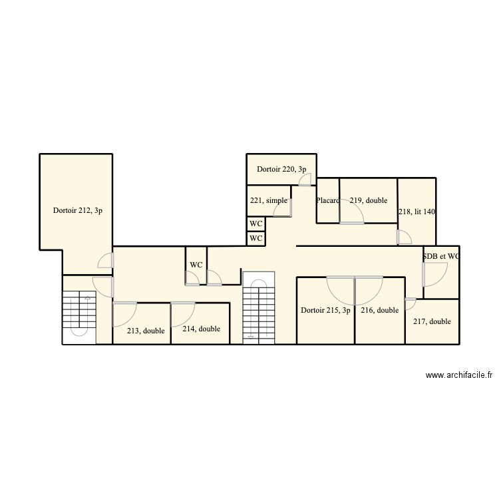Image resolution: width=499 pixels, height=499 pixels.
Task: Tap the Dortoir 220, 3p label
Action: pyautogui.click(x=281, y=169)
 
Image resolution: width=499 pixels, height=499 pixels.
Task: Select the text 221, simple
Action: pyautogui.click(x=269, y=200)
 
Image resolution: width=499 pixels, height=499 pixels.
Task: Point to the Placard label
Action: pyautogui.click(x=328, y=200)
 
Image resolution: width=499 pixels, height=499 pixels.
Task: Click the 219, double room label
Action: pyautogui.click(x=369, y=200)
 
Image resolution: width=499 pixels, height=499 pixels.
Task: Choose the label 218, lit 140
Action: pyautogui.click(x=416, y=212)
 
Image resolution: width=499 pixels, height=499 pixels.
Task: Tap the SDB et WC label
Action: pyautogui.click(x=441, y=256)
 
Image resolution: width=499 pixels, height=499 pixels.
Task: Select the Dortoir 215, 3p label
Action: pyautogui.click(x=325, y=310)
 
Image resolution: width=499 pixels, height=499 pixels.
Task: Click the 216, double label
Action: pyautogui.click(x=379, y=310)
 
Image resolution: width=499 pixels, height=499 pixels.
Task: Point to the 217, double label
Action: pyautogui.click(x=432, y=321)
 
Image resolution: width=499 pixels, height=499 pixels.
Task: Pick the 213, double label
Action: pyautogui.click(x=146, y=331)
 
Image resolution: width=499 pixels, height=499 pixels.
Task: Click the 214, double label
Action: pyautogui.click(x=201, y=329)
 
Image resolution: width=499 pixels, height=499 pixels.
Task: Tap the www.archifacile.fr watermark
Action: pyautogui.click(x=458, y=376)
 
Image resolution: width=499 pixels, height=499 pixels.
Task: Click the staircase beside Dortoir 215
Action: pyautogui.click(x=259, y=309)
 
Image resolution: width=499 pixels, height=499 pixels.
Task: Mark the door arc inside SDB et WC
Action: pyautogui.click(x=436, y=274)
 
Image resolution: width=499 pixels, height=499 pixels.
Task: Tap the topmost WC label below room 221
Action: pyautogui.click(x=255, y=224)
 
